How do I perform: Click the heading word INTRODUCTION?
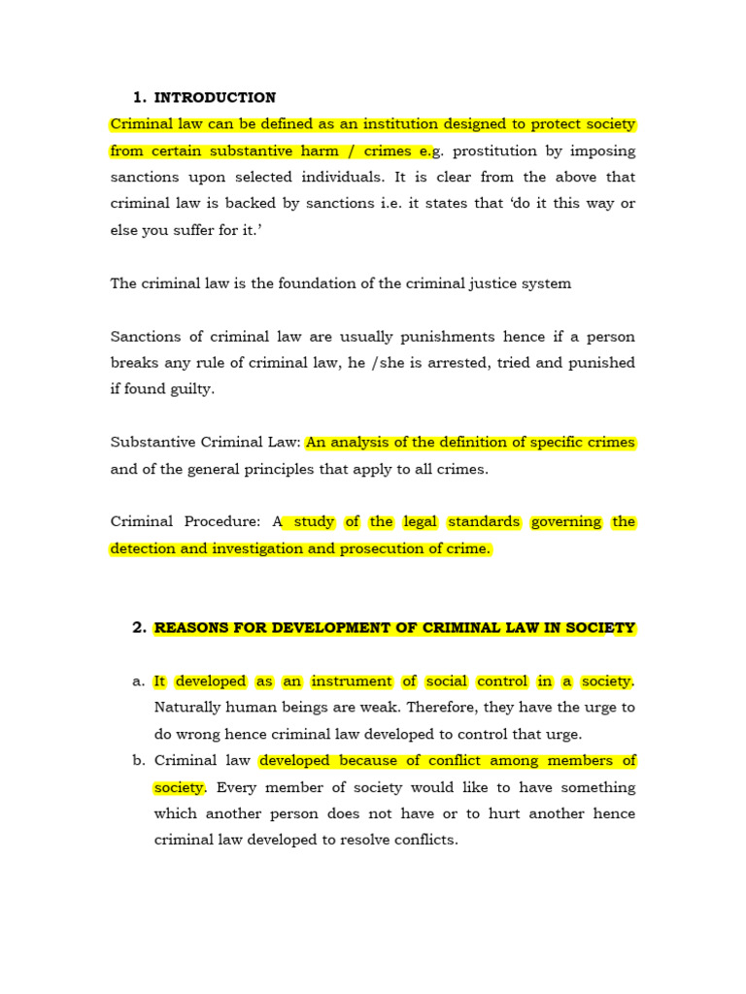(215, 98)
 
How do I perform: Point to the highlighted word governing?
(566, 522)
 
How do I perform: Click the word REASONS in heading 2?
(189, 628)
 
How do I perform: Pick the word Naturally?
(189, 708)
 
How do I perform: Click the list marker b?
(138, 761)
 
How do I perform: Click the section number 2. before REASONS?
(138, 628)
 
